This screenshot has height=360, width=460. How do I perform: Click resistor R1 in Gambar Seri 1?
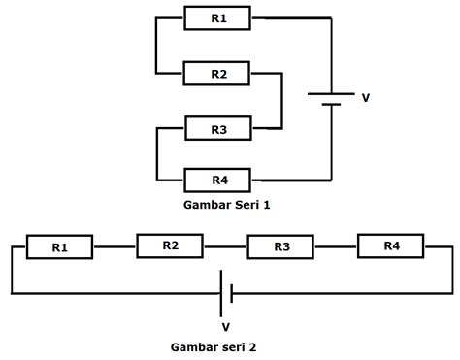pyautogui.click(x=217, y=18)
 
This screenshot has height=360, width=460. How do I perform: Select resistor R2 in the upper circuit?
pyautogui.click(x=216, y=74)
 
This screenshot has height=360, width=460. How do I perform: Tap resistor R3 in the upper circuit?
pyautogui.click(x=218, y=128)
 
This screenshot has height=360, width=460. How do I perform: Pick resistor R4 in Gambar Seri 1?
pyautogui.click(x=217, y=180)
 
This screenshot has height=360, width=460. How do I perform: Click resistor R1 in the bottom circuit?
pyautogui.click(x=60, y=247)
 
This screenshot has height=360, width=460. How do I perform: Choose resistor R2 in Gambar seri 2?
pyautogui.click(x=170, y=245)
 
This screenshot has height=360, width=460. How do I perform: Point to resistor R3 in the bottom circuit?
pyautogui.click(x=280, y=246)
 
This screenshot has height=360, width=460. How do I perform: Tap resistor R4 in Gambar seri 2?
pyautogui.click(x=391, y=245)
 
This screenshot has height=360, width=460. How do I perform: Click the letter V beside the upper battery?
pyautogui.click(x=366, y=98)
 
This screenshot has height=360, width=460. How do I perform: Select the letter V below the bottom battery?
pyautogui.click(x=226, y=327)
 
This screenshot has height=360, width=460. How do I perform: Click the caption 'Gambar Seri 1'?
pyautogui.click(x=227, y=205)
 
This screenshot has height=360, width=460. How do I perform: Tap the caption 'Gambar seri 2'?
pyautogui.click(x=214, y=347)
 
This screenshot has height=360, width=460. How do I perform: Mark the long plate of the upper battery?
pyautogui.click(x=331, y=94)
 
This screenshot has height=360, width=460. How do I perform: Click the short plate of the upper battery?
pyautogui.click(x=331, y=105)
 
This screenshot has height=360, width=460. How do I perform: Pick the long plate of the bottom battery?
pyautogui.click(x=221, y=293)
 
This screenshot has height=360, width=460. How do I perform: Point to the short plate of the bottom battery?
pyautogui.click(x=232, y=293)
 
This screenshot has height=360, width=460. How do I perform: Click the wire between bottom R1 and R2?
pyautogui.click(x=115, y=246)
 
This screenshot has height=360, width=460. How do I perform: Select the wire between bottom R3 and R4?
pyautogui.click(x=336, y=246)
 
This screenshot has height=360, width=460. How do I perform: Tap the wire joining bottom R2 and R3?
pyautogui.click(x=225, y=246)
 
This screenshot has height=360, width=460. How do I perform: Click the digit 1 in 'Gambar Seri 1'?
pyautogui.click(x=267, y=205)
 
